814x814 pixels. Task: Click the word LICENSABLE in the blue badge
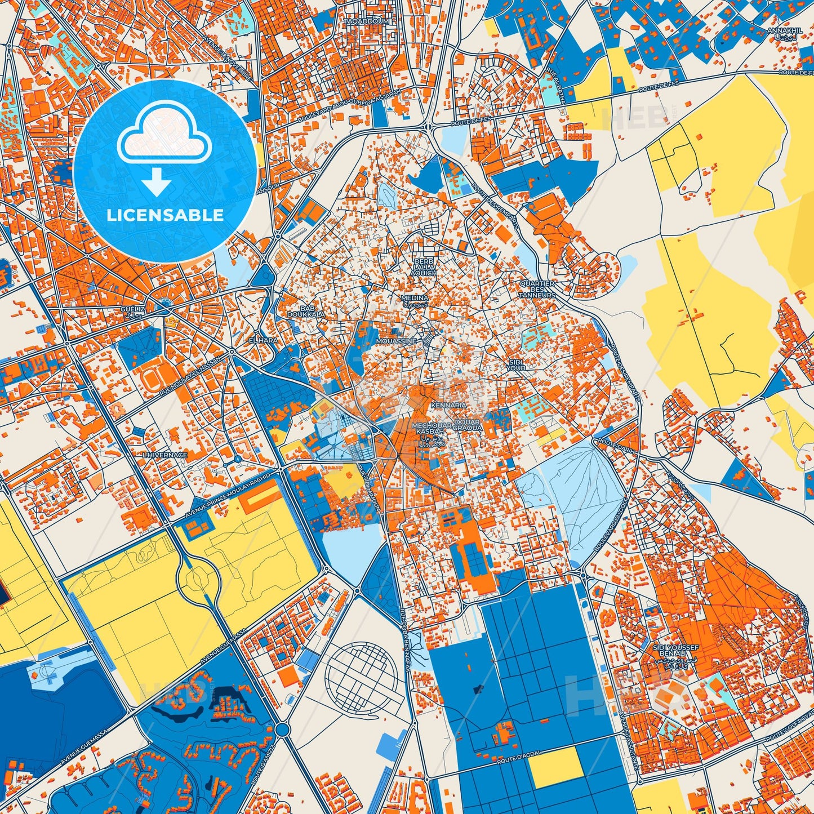point(166,215)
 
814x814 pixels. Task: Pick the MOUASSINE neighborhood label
point(397,341)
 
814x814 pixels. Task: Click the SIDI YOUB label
point(516,364)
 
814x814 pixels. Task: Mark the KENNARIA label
point(448,405)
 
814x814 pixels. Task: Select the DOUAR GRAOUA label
point(467,425)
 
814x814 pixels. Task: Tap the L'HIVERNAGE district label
point(164,455)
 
